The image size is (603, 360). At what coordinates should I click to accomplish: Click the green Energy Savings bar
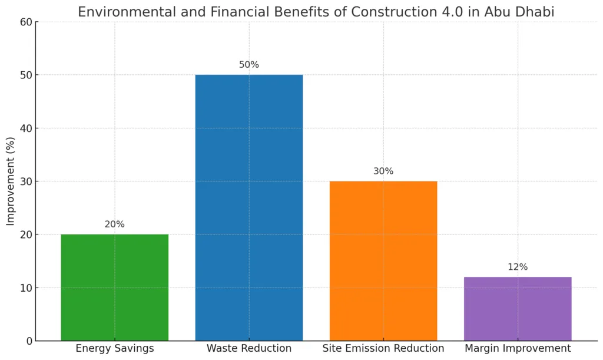[114, 287]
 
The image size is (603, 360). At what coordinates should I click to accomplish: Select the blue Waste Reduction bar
[249, 207]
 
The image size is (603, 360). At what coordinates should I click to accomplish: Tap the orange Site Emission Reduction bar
[383, 260]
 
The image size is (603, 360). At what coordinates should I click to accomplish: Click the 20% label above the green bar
[114, 224]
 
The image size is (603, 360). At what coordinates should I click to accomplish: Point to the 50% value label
[249, 65]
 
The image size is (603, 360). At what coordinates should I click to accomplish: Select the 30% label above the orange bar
[383, 171]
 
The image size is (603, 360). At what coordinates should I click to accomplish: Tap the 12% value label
[517, 267]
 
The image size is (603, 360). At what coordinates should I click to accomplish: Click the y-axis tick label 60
[25, 22]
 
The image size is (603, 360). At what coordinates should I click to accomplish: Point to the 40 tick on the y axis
[25, 128]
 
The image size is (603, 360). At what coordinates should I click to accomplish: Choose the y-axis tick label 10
[25, 288]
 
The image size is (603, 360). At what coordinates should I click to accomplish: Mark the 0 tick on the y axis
[28, 341]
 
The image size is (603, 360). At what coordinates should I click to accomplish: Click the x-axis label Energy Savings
[114, 349]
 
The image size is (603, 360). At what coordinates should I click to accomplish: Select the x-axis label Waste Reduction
[249, 349]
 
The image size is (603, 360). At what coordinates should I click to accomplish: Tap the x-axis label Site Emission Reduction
[383, 349]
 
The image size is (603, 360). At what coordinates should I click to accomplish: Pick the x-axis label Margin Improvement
[517, 349]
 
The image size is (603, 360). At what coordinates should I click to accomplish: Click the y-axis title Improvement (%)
[11, 181]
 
